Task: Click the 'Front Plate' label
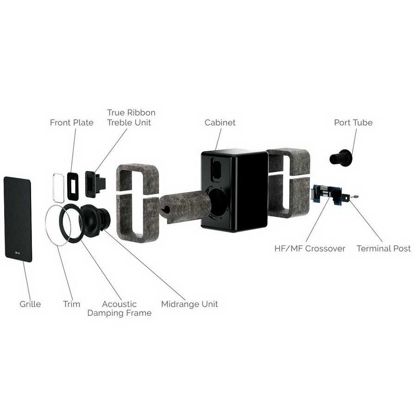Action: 71,123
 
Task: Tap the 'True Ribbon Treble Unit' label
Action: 131,118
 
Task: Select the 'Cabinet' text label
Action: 220,123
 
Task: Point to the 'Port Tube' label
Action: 353,123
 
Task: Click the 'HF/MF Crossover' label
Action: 310,249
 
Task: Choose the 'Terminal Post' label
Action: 384,249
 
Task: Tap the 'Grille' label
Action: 30,304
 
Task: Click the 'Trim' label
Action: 71,304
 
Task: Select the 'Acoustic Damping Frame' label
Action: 120,309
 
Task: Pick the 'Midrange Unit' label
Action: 190,304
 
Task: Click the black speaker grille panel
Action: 18,220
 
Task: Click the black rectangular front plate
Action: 73,186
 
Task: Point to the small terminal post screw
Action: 356,197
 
